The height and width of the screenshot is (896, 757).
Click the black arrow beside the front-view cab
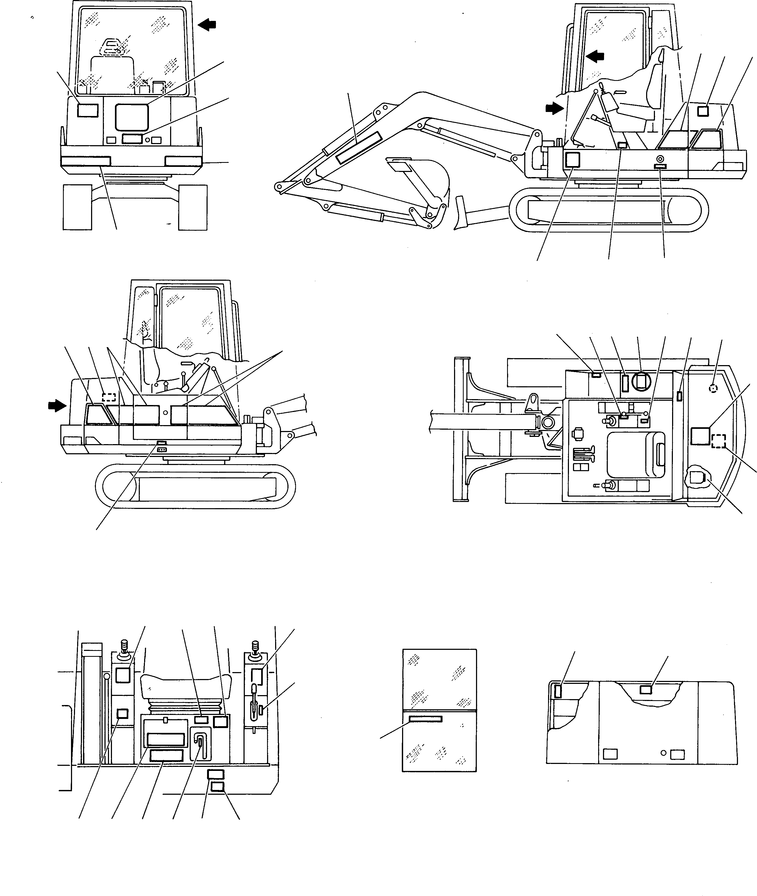tap(208, 25)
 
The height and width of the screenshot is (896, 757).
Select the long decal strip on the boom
tap(358, 147)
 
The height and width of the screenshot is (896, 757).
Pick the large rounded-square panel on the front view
tap(132, 117)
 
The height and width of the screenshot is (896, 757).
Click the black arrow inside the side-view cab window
tap(596, 56)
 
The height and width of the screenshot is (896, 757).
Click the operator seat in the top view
tap(636, 455)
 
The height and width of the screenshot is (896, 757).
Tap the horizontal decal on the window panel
tap(425, 719)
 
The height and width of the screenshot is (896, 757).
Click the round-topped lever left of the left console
tap(106, 677)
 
